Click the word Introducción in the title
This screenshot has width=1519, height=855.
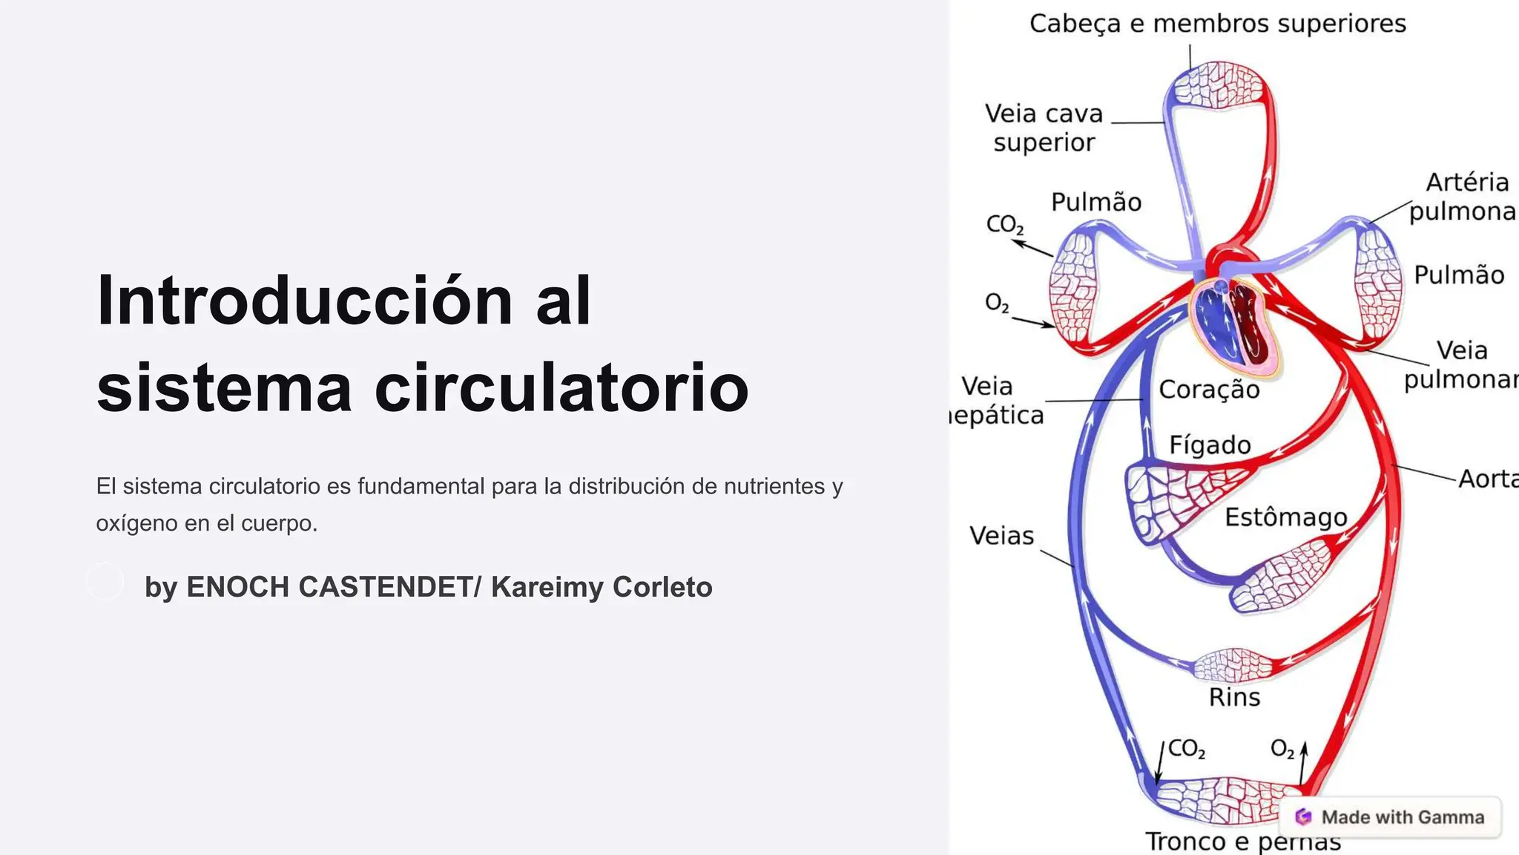[x=304, y=301]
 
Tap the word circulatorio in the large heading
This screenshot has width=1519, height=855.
[x=561, y=388]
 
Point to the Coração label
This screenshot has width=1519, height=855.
[x=1209, y=390]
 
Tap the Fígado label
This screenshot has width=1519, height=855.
[x=1210, y=445]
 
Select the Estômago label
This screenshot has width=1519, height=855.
[x=1285, y=517]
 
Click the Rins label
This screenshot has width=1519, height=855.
[x=1234, y=697]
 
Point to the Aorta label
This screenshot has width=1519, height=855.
[x=1487, y=479]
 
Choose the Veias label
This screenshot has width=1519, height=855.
[x=1001, y=535]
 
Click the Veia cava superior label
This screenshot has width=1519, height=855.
[x=1044, y=128]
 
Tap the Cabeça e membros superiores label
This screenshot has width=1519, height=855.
[x=1217, y=24]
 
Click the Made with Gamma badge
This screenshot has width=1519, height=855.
[x=1391, y=817]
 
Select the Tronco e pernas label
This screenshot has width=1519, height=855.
[x=1243, y=842]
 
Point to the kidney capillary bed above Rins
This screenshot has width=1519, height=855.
[x=1233, y=666]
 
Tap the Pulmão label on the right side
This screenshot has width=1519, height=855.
[x=1459, y=275]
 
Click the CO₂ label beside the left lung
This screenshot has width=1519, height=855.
[x=1004, y=224]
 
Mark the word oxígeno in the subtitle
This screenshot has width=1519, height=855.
[x=136, y=524]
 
